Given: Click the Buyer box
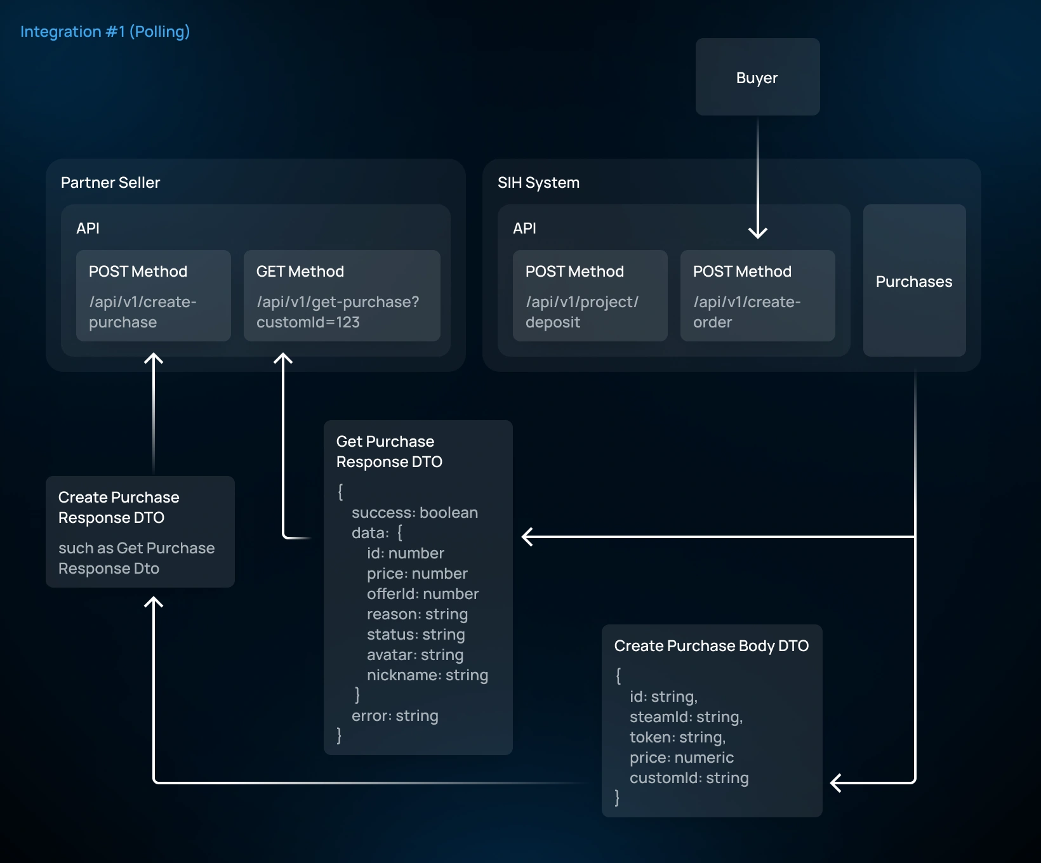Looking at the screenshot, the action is (x=757, y=77).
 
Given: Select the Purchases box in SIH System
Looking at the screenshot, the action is (x=914, y=280).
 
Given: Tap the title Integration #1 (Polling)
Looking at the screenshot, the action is (x=105, y=32).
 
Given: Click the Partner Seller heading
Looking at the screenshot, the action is (x=110, y=183).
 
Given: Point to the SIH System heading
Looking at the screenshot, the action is (x=538, y=183).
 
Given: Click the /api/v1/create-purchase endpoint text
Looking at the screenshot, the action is (x=143, y=312).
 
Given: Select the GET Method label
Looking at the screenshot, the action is (x=300, y=272).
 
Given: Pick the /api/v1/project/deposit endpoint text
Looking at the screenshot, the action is (x=582, y=312).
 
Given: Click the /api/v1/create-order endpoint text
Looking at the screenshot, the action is (x=747, y=312).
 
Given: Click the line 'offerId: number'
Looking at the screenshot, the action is (x=423, y=594).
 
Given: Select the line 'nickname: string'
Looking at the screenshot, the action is (x=427, y=675).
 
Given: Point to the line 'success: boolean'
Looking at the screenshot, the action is (x=414, y=513).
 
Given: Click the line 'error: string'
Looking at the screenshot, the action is (x=395, y=716).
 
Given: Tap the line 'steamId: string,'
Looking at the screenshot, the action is (x=686, y=717).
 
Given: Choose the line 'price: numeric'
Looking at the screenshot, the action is (x=682, y=758).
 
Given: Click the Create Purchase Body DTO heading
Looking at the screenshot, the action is (x=712, y=646).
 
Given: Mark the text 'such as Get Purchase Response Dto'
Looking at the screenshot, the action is (x=136, y=558).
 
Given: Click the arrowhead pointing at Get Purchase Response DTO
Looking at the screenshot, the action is (x=527, y=537).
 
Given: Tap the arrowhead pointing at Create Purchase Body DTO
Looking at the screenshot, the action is (x=836, y=783).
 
